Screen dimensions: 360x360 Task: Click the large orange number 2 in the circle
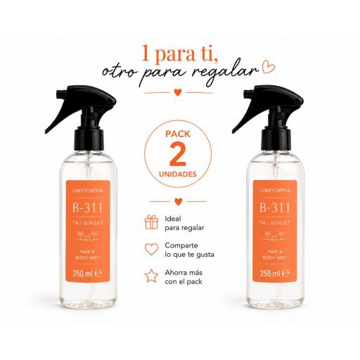178,154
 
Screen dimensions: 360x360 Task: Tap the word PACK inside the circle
178,134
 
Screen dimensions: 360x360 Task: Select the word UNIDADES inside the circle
178,174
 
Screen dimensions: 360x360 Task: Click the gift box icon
151,222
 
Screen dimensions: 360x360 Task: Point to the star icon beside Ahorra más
151,276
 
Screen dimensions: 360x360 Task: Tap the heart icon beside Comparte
151,249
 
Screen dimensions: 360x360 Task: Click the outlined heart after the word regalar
269,67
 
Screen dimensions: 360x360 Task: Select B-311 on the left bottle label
87,207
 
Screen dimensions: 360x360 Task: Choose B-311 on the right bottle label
275,207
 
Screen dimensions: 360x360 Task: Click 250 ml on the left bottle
83,274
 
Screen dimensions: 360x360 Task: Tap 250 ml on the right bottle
270,274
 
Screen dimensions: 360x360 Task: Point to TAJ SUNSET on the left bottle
88,223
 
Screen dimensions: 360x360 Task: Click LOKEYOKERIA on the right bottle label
275,191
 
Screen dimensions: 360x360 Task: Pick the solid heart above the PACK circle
178,93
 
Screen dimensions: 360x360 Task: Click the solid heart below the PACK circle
179,202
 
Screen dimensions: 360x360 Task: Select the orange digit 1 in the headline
146,53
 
